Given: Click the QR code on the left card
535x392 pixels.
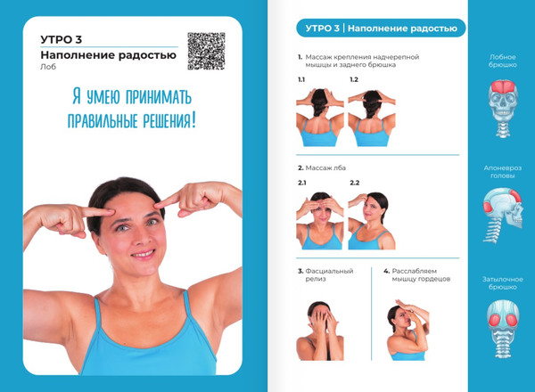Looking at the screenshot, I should pos(206,51).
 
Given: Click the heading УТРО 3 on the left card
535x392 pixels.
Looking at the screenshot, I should pos(62,39).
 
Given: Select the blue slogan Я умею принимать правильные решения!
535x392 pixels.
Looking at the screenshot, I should pos(131,108).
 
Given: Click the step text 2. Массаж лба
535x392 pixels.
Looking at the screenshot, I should pos(325,167).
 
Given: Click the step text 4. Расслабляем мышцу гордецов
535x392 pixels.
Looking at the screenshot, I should pos(416,275).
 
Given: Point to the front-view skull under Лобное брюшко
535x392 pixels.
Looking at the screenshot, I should pos(502,107).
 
